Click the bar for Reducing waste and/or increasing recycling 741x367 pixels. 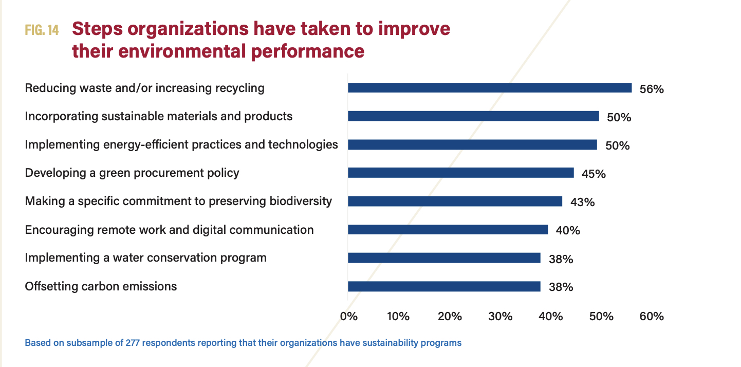(489, 88)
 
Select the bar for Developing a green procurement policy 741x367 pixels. (460, 173)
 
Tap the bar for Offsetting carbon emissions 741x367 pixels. (444, 286)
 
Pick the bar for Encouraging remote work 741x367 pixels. (448, 229)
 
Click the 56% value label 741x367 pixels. (652, 89)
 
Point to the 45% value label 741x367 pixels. (594, 174)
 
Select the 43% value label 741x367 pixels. (582, 202)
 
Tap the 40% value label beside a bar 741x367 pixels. (568, 230)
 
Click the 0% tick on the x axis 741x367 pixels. (349, 316)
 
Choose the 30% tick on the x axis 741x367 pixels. (501, 316)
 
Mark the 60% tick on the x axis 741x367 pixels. (652, 316)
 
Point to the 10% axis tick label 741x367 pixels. (398, 316)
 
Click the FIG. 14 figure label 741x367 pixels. (42, 30)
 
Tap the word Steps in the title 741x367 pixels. (97, 29)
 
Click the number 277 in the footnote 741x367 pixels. (133, 342)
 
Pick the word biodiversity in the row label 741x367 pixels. (301, 201)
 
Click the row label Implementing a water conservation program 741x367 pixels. (145, 258)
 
